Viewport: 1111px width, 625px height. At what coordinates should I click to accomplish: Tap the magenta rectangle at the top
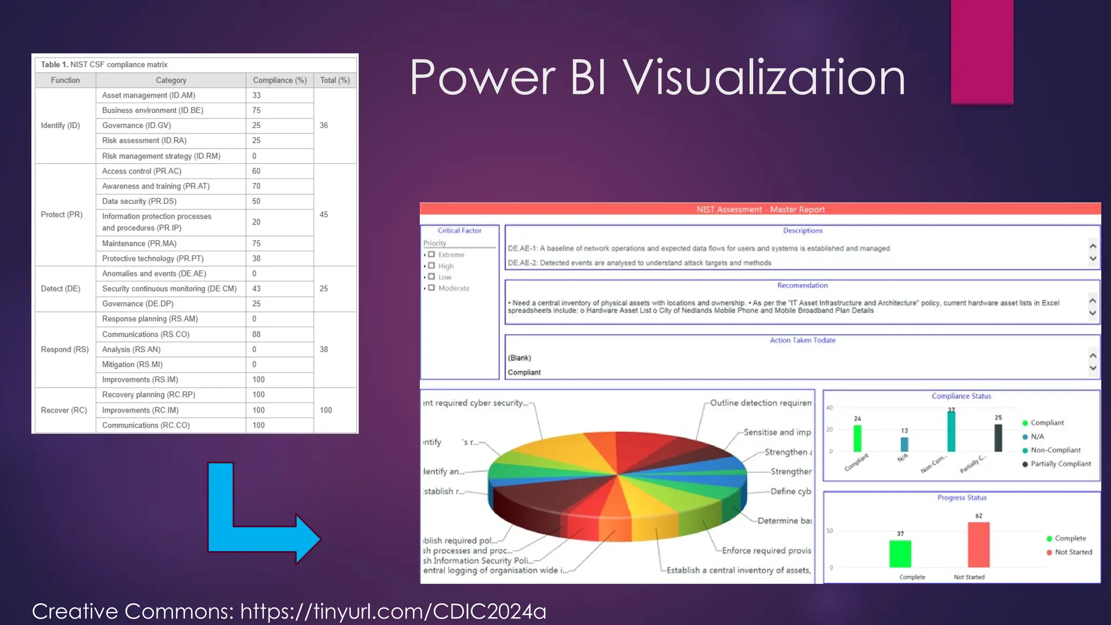click(982, 52)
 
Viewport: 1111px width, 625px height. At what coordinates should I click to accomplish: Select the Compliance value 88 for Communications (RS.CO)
click(257, 334)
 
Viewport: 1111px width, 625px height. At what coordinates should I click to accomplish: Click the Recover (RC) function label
click(64, 410)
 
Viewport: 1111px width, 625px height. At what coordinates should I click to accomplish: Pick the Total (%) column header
click(335, 80)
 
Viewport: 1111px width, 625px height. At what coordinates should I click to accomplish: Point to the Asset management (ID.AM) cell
click(149, 95)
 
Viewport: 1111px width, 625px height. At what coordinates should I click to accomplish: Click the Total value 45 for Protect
click(324, 215)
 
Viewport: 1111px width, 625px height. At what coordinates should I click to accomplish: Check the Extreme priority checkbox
click(432, 254)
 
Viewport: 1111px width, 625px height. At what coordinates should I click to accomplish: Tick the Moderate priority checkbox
click(432, 288)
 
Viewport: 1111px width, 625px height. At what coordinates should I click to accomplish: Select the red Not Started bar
click(979, 545)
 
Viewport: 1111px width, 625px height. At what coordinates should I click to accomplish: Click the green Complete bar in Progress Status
click(900, 553)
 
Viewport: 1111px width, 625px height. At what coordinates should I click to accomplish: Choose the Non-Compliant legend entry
click(1055, 450)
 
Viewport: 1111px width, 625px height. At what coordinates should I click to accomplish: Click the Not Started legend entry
click(1073, 552)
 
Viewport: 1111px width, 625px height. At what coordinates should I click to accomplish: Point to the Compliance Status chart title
click(961, 396)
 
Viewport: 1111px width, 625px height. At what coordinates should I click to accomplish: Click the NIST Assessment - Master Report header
click(761, 209)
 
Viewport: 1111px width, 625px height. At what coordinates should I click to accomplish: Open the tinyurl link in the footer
click(393, 611)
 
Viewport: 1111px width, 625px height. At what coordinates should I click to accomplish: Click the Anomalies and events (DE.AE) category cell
click(154, 274)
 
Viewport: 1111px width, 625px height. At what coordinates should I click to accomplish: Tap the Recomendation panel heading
click(802, 285)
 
